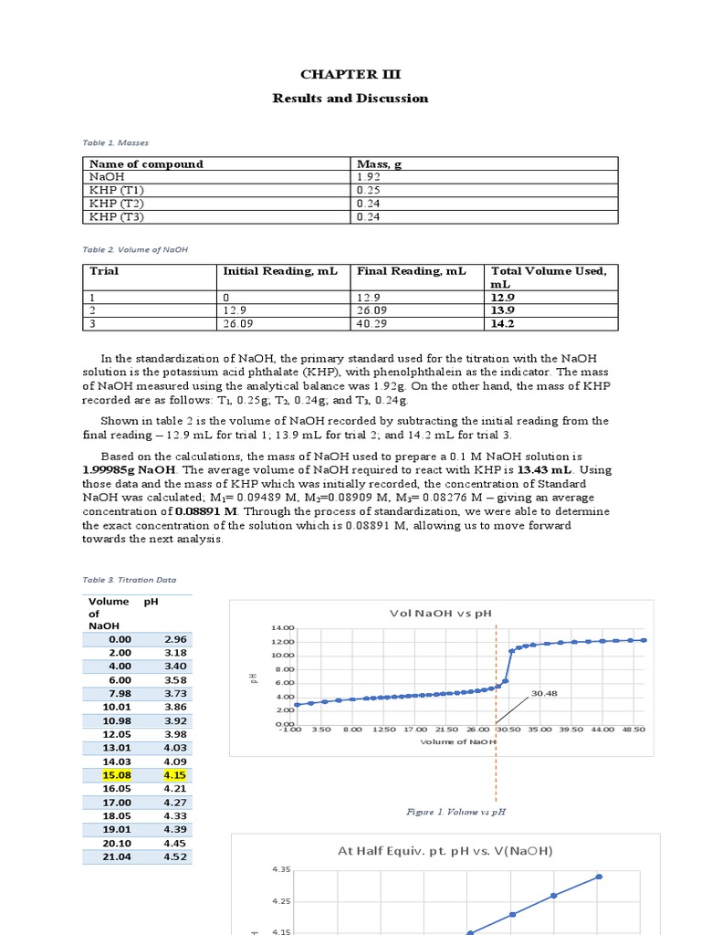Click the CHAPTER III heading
[x=350, y=75]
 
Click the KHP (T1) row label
[x=111, y=191]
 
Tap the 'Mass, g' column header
[x=377, y=164]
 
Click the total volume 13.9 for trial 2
[x=504, y=310]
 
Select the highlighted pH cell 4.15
[x=175, y=775]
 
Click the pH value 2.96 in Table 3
[x=175, y=640]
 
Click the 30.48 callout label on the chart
[x=544, y=693]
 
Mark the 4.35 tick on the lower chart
[x=281, y=870]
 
